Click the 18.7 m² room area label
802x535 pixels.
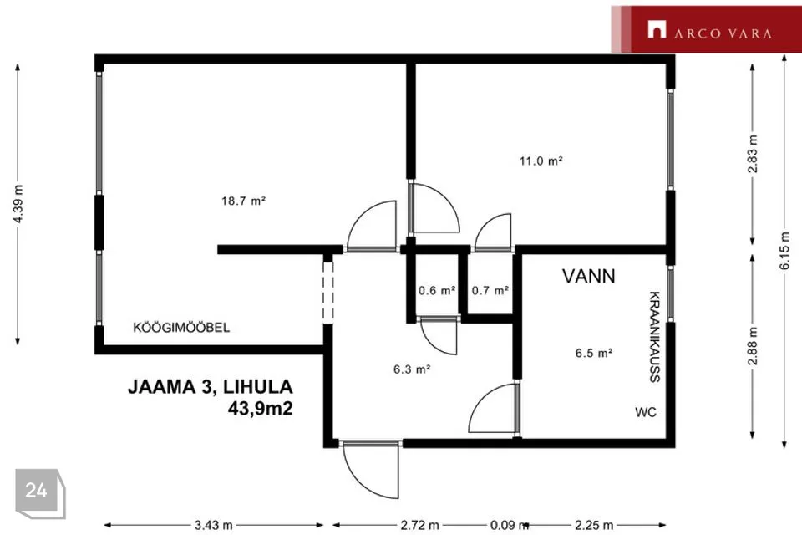pos(243,201)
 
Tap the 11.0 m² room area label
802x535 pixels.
pos(541,160)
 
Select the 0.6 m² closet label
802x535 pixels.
pos(437,290)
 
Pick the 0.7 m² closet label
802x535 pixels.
pos(490,290)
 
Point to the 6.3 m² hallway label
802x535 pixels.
pos(412,369)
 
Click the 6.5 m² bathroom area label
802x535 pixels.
pos(594,353)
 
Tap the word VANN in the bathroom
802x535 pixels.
pos(589,276)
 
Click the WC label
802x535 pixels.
pos(646,412)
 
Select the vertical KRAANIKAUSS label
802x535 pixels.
pos(655,337)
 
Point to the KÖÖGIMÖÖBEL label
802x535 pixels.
pos(181,327)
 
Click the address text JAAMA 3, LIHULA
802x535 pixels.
pos(211,386)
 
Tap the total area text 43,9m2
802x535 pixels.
pos(261,409)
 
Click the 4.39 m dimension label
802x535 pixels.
pos(18,203)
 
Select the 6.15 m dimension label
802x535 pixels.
pos(784,251)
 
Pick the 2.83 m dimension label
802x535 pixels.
pos(753,154)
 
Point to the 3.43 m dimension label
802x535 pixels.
pos(213,525)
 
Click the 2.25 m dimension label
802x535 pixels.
pos(594,525)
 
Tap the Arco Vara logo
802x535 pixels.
pos(707,29)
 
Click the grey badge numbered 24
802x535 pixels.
pos(40,493)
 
